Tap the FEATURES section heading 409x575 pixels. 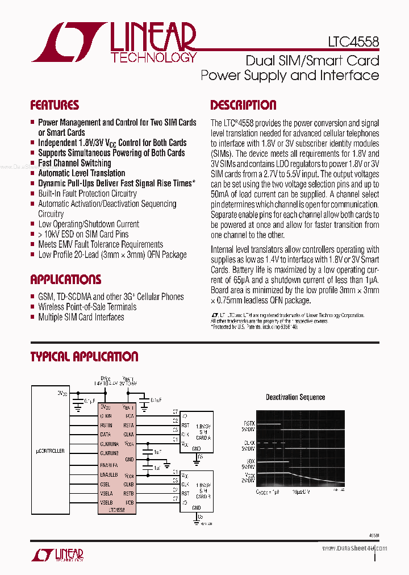55,105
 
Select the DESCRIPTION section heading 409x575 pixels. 243,105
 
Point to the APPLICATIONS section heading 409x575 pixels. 65,280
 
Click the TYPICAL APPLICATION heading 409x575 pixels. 84,357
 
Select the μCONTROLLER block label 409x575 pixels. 49,451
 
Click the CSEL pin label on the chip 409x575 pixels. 106,484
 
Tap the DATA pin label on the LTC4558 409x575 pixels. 106,434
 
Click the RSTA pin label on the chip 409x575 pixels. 128,425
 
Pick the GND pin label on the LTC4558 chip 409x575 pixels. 130,459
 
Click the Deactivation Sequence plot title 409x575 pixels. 295,397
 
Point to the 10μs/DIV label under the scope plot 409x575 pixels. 302,492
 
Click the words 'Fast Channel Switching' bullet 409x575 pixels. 74,163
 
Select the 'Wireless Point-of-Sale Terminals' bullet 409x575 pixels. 87,307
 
